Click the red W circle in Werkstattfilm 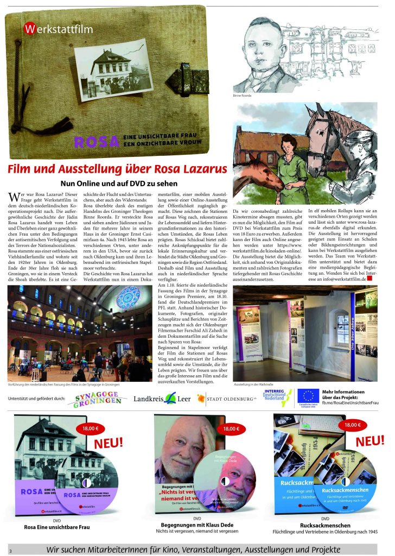pyautogui.click(x=30, y=29)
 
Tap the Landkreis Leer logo pyautogui.click(x=162, y=400)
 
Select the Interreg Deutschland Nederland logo pyautogui.click(x=277, y=398)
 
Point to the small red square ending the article pyautogui.click(x=371, y=278)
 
